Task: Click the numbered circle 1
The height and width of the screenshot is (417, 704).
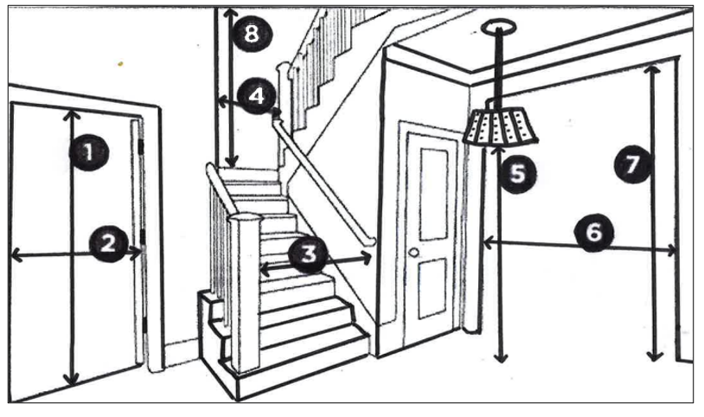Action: (x=87, y=153)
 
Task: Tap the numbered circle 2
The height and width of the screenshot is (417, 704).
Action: (x=108, y=243)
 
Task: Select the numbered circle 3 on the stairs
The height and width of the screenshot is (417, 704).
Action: (x=308, y=253)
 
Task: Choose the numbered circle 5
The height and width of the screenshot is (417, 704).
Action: (x=517, y=173)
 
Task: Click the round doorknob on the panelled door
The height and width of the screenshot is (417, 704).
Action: (x=414, y=253)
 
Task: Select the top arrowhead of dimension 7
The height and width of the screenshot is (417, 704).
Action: (x=654, y=69)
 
